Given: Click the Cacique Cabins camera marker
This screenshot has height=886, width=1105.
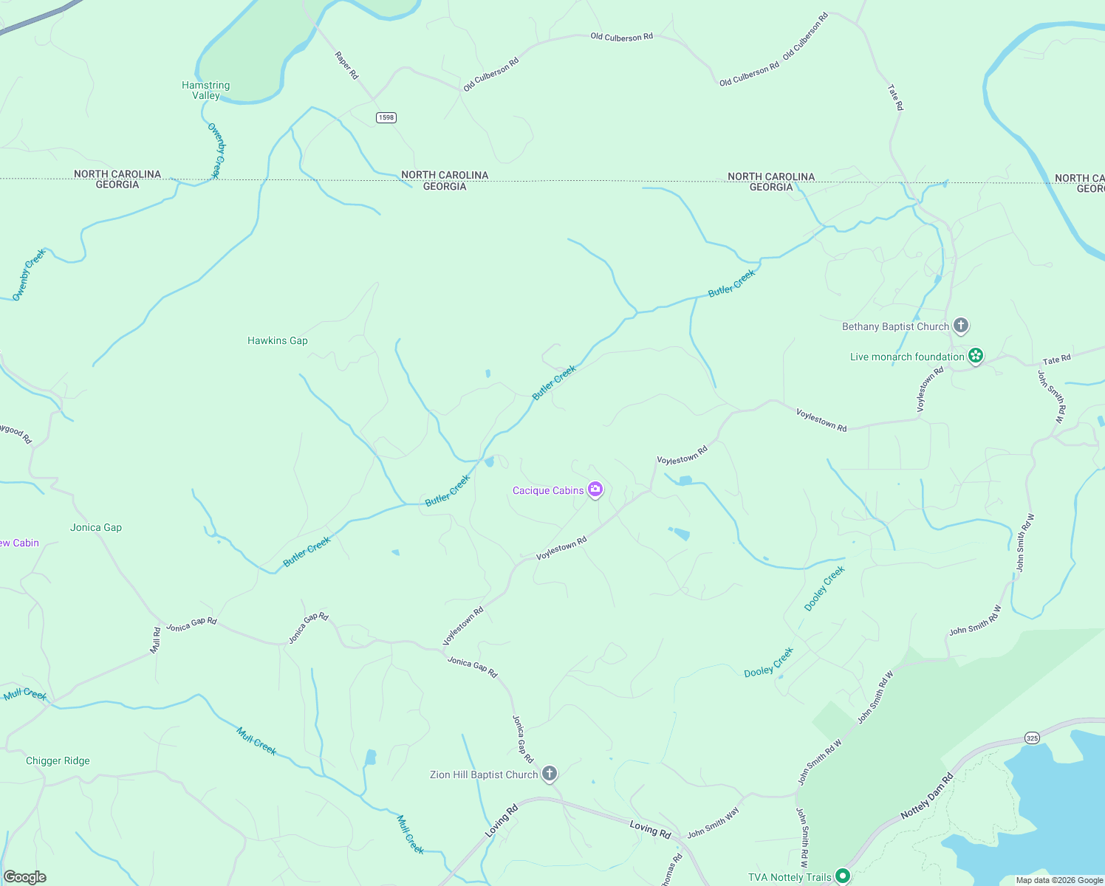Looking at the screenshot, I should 595,490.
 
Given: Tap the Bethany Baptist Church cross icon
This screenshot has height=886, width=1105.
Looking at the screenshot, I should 960,325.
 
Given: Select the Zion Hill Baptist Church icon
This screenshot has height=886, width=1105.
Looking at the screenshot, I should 549,774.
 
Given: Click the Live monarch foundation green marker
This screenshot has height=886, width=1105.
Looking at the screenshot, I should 976,356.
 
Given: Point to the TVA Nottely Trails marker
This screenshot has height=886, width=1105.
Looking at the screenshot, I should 843,876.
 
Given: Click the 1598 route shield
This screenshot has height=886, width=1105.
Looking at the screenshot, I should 386,117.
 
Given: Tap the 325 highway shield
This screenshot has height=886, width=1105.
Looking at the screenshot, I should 1032,738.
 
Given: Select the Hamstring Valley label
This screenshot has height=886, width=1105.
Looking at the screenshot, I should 206,90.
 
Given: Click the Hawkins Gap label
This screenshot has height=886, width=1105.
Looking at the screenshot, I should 278,340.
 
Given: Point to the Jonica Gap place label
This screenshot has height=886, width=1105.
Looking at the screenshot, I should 96,527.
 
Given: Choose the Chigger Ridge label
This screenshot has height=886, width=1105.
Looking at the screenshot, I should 58,760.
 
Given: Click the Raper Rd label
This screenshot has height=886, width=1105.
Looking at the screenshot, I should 346,65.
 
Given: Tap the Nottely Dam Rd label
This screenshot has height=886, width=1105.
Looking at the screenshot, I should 928,797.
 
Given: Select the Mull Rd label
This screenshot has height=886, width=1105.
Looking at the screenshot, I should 156,640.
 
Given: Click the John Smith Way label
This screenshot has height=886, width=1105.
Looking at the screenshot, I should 713,823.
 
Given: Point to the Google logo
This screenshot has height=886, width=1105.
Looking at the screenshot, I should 24,877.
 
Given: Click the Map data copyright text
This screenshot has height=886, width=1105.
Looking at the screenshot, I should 1059,880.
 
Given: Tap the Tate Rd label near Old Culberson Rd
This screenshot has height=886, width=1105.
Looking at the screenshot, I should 895,97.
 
